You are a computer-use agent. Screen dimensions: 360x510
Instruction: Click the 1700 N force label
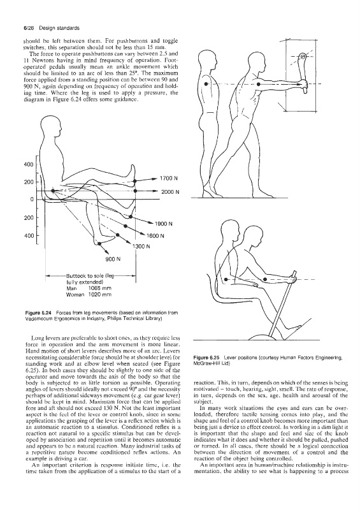tap(169, 178)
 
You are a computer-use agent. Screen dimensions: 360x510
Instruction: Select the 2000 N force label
tap(170, 193)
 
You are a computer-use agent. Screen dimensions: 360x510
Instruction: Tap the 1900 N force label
tap(163, 224)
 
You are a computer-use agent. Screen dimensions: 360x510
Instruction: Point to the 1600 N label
tap(155, 236)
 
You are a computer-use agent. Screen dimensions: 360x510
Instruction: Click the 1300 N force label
tap(141, 247)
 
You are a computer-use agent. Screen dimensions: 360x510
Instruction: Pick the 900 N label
tap(113, 259)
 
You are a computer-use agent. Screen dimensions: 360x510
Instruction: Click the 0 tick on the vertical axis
tap(32, 200)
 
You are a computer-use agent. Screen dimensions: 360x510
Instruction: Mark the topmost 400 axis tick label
tap(29, 164)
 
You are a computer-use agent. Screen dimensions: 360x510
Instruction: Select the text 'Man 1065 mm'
tap(89, 288)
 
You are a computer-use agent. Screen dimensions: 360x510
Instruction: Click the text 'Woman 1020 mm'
tap(89, 295)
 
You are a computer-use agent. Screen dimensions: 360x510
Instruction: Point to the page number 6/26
tap(29, 28)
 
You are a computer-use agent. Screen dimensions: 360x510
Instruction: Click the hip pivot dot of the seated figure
tap(54, 191)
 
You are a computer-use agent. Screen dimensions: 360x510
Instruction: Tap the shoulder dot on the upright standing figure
tap(206, 84)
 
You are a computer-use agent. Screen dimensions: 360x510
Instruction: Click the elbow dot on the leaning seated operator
tap(265, 279)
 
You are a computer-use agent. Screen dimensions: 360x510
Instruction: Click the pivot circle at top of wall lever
tap(303, 57)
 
